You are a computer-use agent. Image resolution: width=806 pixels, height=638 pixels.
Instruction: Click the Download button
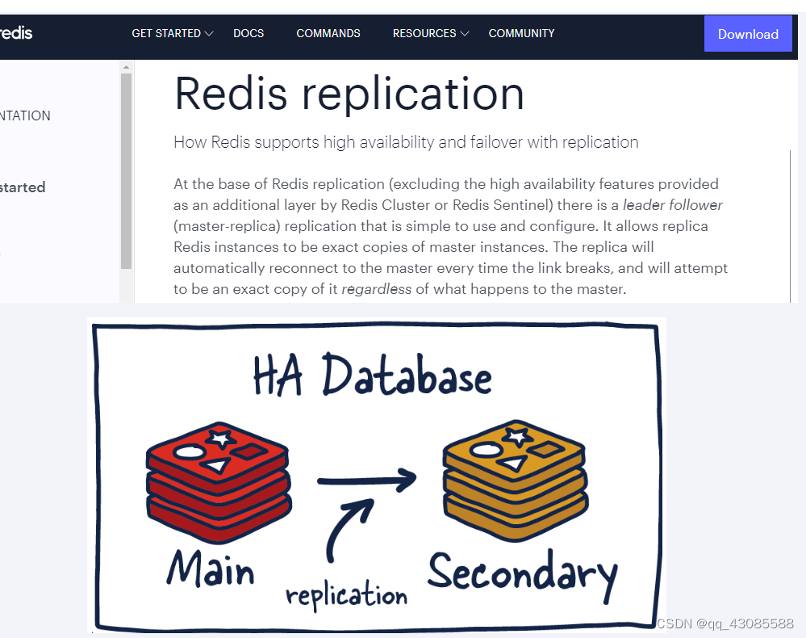pos(747,34)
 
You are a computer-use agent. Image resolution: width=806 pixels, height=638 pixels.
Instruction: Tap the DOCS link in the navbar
pos(248,33)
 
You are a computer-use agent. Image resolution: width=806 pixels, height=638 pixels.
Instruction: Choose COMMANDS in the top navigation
pos(328,33)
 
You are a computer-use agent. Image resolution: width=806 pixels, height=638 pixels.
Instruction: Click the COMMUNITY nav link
pos(521,33)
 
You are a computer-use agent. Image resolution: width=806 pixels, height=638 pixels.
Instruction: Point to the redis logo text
pos(16,33)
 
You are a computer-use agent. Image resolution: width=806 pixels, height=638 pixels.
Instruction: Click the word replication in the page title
pos(413,94)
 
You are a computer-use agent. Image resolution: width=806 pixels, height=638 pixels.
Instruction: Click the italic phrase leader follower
pos(672,205)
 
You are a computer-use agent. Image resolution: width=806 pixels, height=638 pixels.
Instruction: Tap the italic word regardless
pos(376,289)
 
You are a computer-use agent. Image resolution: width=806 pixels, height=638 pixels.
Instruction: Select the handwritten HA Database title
pos(372,376)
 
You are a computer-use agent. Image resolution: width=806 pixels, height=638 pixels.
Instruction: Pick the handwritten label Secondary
pos(522,573)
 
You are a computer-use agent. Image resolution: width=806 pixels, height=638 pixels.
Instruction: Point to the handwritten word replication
pos(347,596)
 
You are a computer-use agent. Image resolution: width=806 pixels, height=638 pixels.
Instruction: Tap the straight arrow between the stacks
pos(366,481)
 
